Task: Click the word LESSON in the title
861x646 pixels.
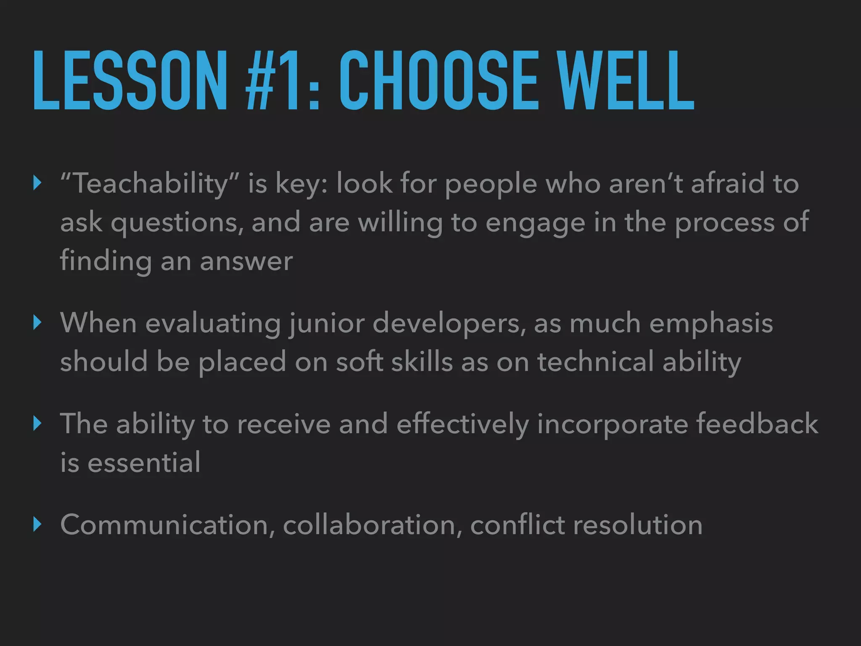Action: point(129,81)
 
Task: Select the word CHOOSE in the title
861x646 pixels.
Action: point(438,81)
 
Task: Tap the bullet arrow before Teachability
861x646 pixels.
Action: point(37,183)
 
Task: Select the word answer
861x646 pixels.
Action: point(246,261)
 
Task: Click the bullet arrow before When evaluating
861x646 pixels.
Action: point(37,323)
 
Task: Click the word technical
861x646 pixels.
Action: point(595,362)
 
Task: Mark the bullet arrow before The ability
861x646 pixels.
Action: point(37,424)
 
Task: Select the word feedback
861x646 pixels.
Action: point(757,424)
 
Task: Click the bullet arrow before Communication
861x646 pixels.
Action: point(37,524)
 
